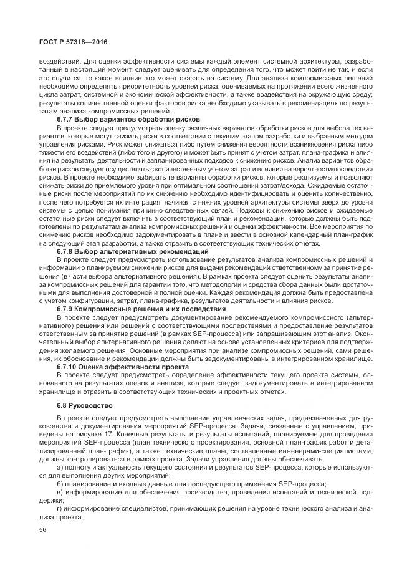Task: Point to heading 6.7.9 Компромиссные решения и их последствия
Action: pyautogui.click(x=140, y=309)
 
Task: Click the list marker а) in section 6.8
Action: pyautogui.click(x=59, y=466)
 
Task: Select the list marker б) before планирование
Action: pyautogui.click(x=59, y=484)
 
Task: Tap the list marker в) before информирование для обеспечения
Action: pyautogui.click(x=59, y=493)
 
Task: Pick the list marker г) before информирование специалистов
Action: pyautogui.click(x=59, y=509)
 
